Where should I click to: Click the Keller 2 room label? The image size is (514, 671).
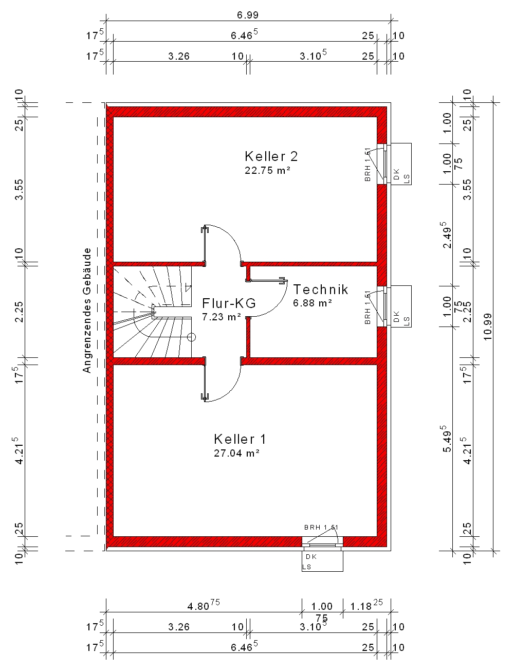tap(271, 156)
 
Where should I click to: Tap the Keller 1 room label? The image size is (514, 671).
tap(240, 439)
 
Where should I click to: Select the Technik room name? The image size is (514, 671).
tap(321, 289)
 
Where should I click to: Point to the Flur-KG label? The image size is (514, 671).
tap(229, 303)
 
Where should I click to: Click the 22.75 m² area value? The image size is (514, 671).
tap(268, 170)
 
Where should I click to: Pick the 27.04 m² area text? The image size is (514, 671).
tap(237, 453)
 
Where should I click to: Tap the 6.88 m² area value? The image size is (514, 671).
tap(313, 303)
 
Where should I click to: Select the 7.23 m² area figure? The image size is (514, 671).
tap(222, 317)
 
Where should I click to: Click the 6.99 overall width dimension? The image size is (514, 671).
tap(248, 15)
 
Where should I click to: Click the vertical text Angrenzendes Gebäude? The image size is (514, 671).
tap(87, 311)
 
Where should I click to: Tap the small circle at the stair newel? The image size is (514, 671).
tap(191, 337)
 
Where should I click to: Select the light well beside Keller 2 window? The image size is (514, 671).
tap(401, 164)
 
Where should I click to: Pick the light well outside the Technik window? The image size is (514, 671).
tap(401, 306)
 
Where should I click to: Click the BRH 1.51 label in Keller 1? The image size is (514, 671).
tap(321, 528)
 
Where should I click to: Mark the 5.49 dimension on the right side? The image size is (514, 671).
tap(446, 439)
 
